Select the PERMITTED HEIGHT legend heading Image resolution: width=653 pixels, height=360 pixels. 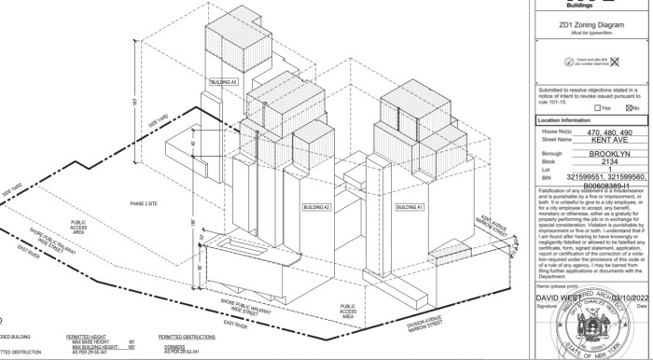tap(88, 334)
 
